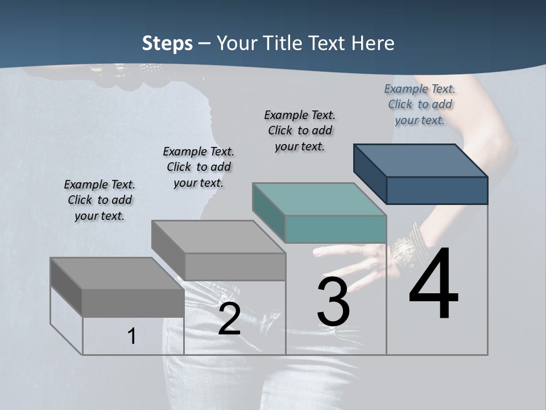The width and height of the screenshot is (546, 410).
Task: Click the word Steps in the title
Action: [x=167, y=43]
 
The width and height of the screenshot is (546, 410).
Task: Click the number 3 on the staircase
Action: [x=333, y=302]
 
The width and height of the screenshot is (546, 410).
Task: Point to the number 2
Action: [x=229, y=319]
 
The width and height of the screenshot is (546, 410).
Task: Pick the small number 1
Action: [x=132, y=337]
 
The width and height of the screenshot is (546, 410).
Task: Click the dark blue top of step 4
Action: [x=421, y=161]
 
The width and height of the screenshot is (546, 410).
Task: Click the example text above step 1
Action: [x=100, y=200]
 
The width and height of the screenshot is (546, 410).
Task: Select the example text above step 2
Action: [x=198, y=167]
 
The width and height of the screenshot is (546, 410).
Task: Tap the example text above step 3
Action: [x=300, y=130]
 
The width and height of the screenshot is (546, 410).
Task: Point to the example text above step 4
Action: [x=420, y=104]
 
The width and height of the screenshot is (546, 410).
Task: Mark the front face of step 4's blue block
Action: [x=437, y=190]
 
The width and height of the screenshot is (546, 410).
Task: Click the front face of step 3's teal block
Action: [x=336, y=229]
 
